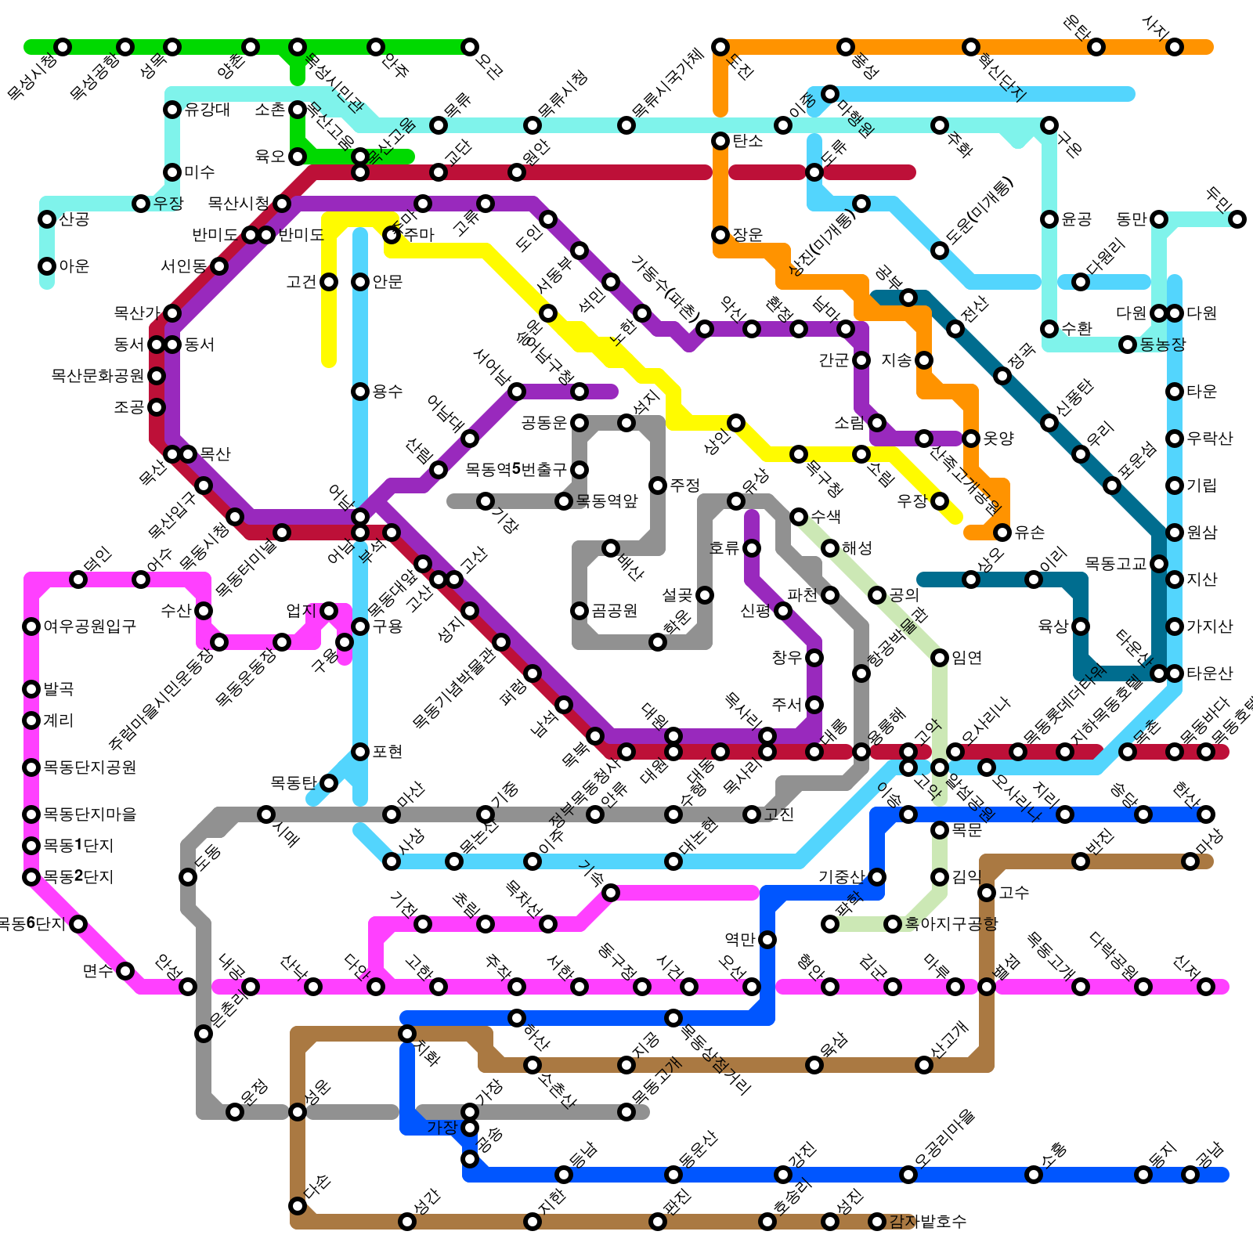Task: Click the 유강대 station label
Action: tap(208, 110)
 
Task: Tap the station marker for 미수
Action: tap(172, 172)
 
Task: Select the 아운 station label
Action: tap(74, 266)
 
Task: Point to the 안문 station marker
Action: tap(360, 282)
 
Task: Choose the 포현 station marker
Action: tap(360, 752)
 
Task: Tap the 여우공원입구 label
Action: tap(90, 626)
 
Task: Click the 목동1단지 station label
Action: tap(78, 846)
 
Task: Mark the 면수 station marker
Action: tap(125, 971)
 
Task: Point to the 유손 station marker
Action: tap(1002, 533)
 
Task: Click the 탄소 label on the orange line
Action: tap(748, 141)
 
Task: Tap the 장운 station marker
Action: tap(720, 235)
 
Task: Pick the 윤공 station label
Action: tap(1077, 219)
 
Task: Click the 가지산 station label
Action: tap(1210, 626)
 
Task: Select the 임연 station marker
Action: tap(940, 658)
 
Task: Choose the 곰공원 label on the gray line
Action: tap(615, 611)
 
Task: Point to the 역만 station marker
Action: tap(767, 940)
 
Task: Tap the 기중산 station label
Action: tap(842, 877)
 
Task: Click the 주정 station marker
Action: tap(658, 486)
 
